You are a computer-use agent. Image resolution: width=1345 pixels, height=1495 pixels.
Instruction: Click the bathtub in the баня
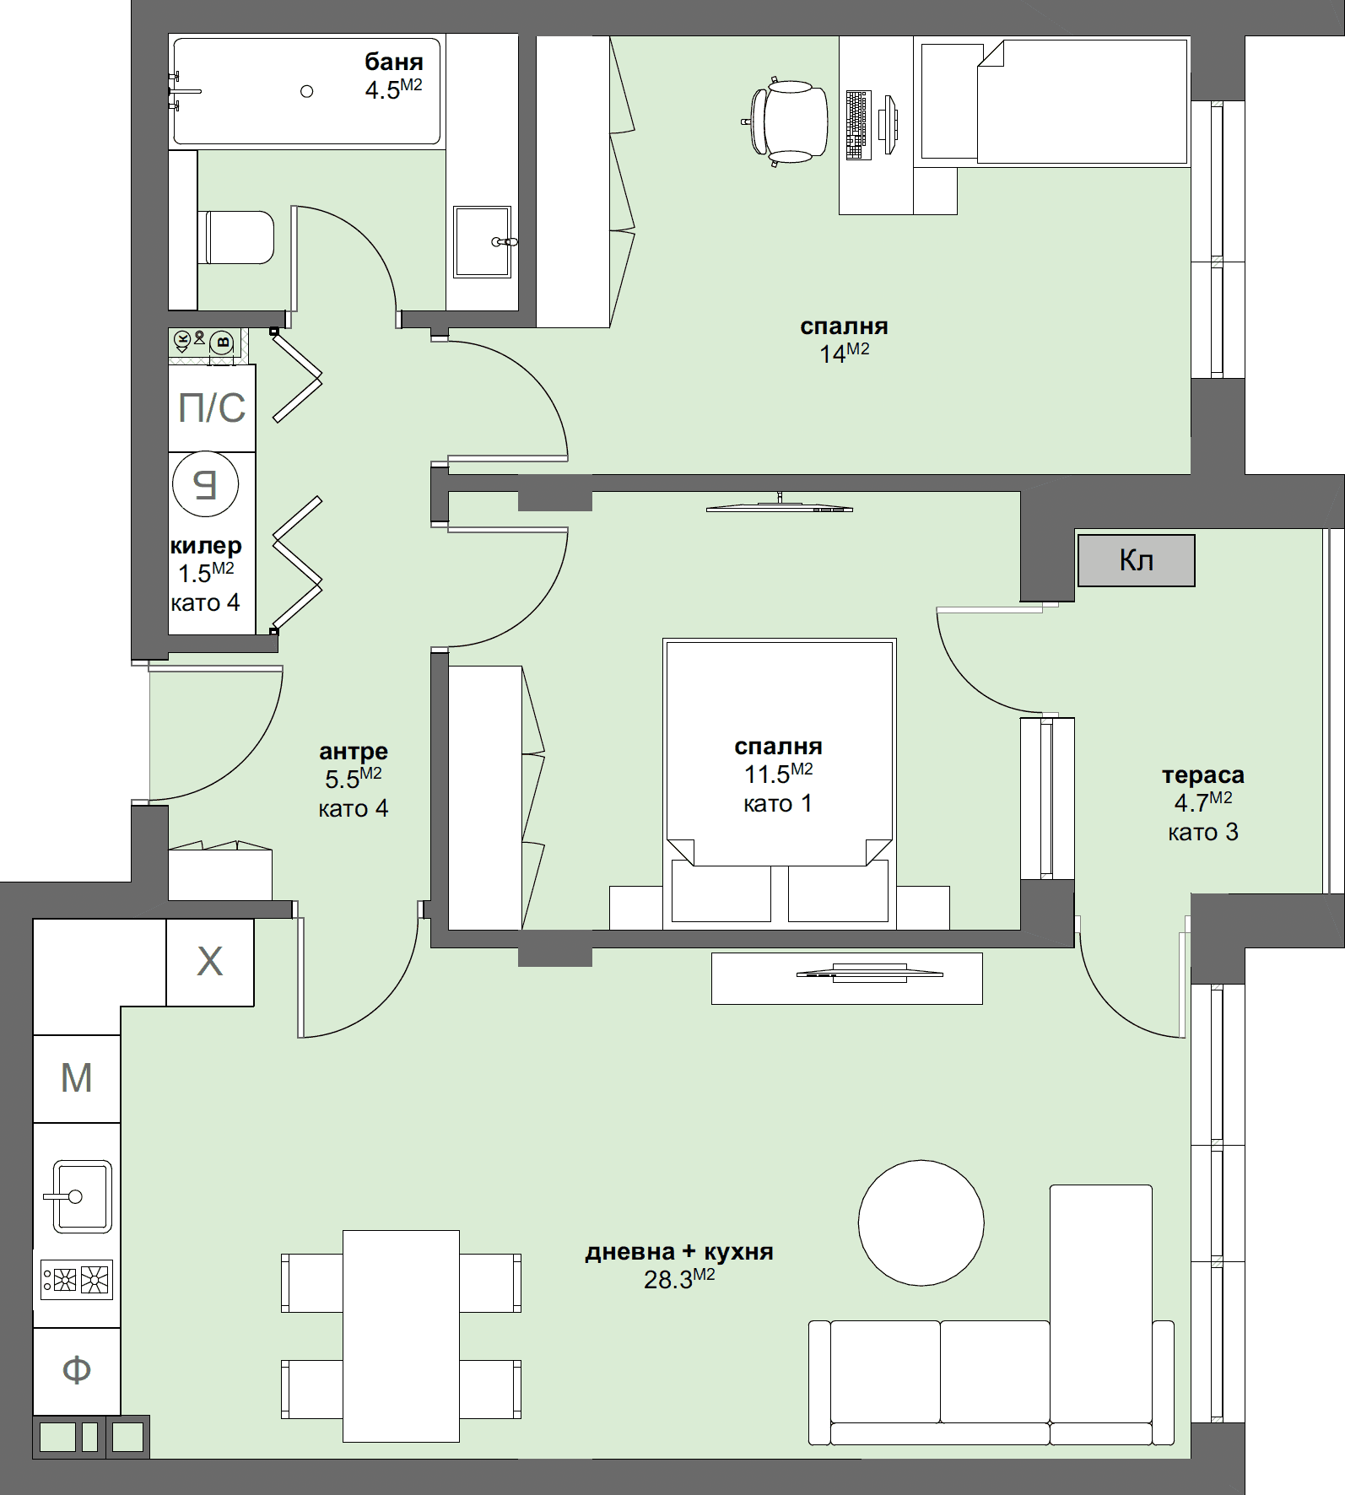[306, 91]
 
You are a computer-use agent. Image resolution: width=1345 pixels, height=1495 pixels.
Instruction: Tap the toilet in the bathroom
[237, 237]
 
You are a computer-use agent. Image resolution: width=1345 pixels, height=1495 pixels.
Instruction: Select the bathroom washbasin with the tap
[482, 241]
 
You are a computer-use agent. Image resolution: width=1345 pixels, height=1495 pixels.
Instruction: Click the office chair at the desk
[790, 121]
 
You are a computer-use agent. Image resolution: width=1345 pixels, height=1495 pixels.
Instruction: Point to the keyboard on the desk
[857, 125]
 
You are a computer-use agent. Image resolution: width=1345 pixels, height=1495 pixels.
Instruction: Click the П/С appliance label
[212, 407]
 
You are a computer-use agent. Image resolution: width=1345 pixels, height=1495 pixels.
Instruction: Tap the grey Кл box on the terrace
[1136, 560]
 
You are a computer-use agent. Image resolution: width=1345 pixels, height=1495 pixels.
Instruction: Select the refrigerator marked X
[209, 962]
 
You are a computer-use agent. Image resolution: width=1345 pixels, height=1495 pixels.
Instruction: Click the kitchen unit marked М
[76, 1078]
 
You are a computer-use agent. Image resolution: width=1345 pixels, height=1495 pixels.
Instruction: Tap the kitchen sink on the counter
[81, 1195]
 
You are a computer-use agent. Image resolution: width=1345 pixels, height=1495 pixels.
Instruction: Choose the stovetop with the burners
[77, 1280]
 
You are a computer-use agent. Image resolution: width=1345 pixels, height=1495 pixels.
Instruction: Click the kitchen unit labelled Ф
[76, 1370]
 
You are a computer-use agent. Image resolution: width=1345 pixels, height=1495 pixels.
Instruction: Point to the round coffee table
[921, 1222]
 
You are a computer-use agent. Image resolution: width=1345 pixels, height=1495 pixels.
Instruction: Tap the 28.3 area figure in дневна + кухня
[669, 1281]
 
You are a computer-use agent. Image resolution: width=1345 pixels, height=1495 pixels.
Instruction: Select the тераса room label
[1202, 775]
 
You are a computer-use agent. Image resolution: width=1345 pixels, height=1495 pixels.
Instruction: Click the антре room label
[353, 752]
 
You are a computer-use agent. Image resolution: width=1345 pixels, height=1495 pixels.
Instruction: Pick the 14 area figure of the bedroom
[833, 354]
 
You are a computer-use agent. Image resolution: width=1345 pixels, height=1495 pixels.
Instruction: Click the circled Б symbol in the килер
[205, 484]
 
